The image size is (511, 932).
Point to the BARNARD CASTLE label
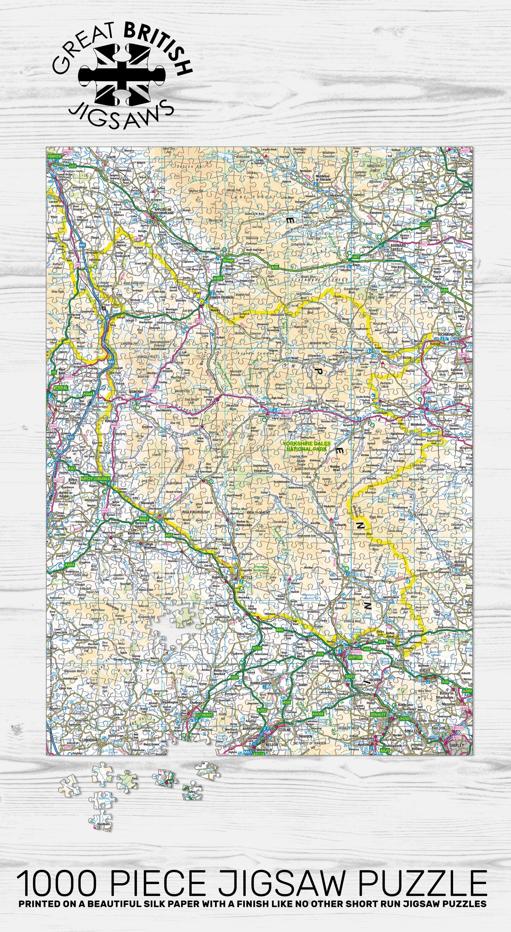398,247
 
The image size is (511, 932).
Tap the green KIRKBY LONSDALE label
95,478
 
